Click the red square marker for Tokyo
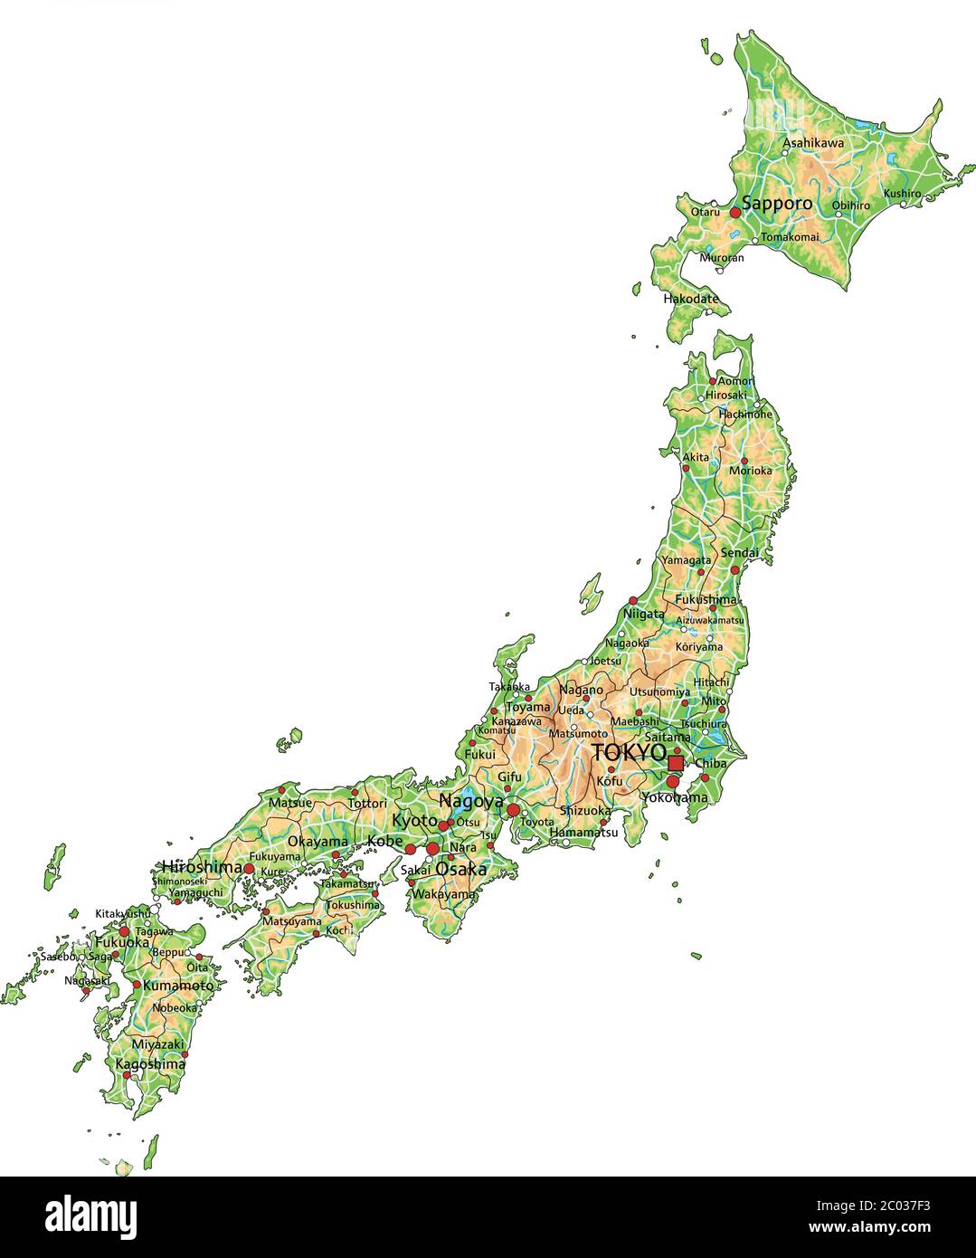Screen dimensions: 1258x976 (x=676, y=763)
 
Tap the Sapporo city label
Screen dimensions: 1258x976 (x=777, y=204)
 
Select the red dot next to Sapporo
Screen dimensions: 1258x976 (x=735, y=212)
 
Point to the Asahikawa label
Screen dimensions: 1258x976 (x=812, y=143)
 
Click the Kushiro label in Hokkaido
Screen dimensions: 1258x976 (x=902, y=193)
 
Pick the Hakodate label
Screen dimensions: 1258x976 (x=690, y=299)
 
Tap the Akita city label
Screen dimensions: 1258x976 (x=696, y=457)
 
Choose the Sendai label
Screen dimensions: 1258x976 (x=739, y=552)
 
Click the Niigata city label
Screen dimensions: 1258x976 (x=643, y=614)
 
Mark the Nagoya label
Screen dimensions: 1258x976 (x=471, y=801)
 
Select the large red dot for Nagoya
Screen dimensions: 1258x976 (x=514, y=809)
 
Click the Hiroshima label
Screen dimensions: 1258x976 (x=202, y=866)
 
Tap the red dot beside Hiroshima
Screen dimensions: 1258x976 (x=249, y=868)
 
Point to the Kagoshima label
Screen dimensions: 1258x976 (x=150, y=1064)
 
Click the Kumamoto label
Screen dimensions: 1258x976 (x=178, y=986)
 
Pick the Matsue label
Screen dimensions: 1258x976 (x=290, y=803)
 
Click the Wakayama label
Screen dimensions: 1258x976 (x=443, y=894)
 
